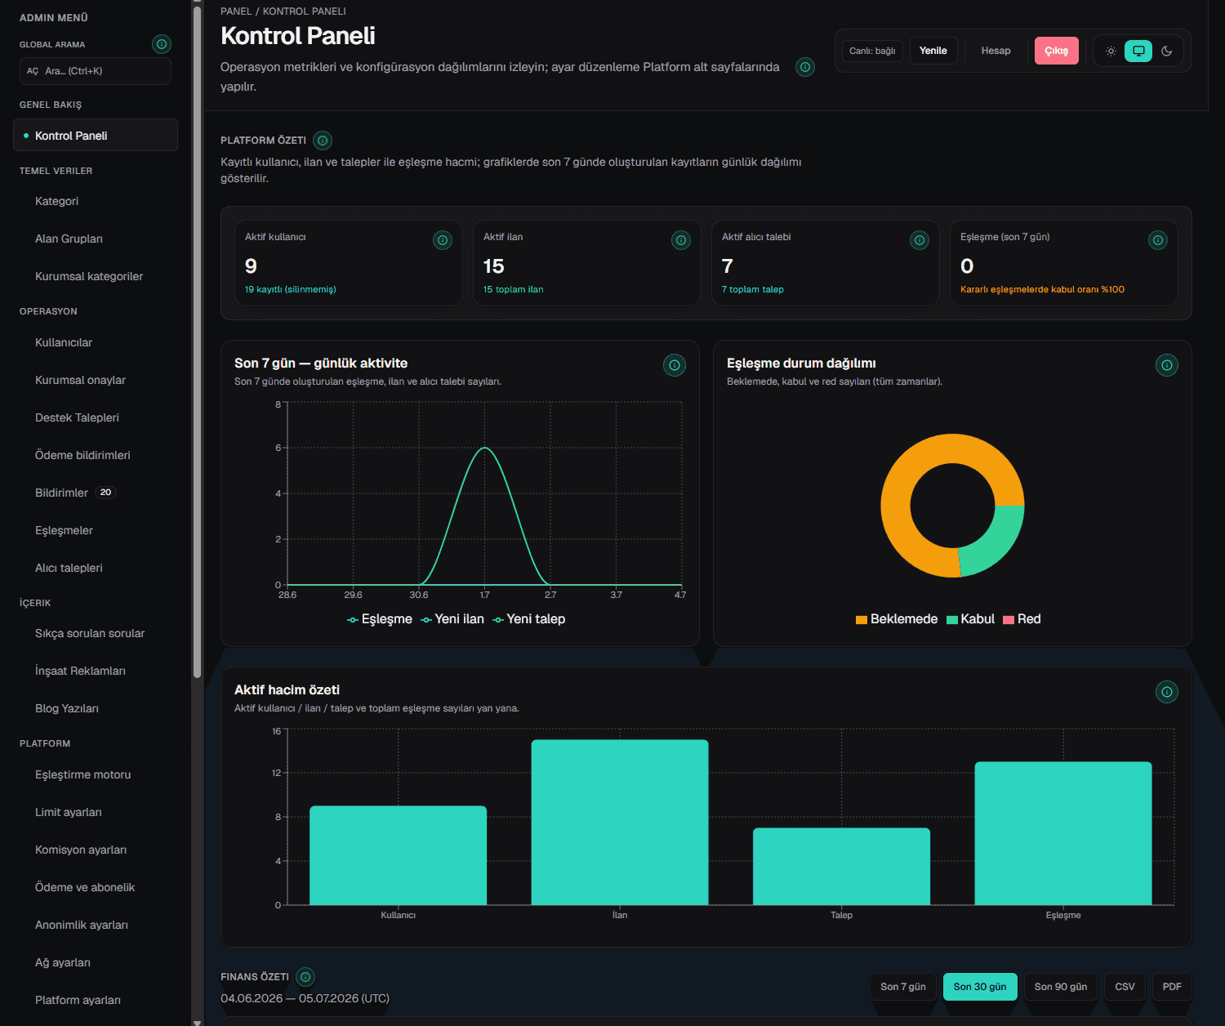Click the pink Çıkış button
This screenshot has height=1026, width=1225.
pyautogui.click(x=1056, y=51)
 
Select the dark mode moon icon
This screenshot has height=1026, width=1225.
pyautogui.click(x=1166, y=51)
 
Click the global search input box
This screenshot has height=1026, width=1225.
pyautogui.click(x=95, y=71)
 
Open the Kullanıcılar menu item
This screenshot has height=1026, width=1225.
pyautogui.click(x=64, y=342)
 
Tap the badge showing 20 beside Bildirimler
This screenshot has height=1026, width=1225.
pyautogui.click(x=105, y=493)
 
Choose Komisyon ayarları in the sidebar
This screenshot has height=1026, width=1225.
pyautogui.click(x=81, y=850)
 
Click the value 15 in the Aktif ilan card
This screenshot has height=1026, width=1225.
pyautogui.click(x=493, y=265)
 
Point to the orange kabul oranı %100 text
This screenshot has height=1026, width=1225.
pyautogui.click(x=1042, y=289)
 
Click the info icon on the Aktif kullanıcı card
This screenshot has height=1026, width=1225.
pyautogui.click(x=443, y=240)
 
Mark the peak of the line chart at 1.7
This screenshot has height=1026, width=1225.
pyautogui.click(x=484, y=448)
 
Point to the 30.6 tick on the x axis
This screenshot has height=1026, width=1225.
pyautogui.click(x=419, y=595)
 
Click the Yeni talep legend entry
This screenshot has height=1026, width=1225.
pyautogui.click(x=529, y=618)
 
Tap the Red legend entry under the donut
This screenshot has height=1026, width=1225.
pyautogui.click(x=1022, y=618)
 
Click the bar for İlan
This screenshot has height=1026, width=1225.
pyautogui.click(x=620, y=822)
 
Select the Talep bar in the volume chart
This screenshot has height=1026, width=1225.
pyautogui.click(x=841, y=867)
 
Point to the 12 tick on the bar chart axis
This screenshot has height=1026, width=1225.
pyautogui.click(x=276, y=773)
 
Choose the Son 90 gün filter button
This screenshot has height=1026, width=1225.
pyautogui.click(x=1060, y=987)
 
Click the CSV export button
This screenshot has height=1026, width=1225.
pyautogui.click(x=1124, y=987)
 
